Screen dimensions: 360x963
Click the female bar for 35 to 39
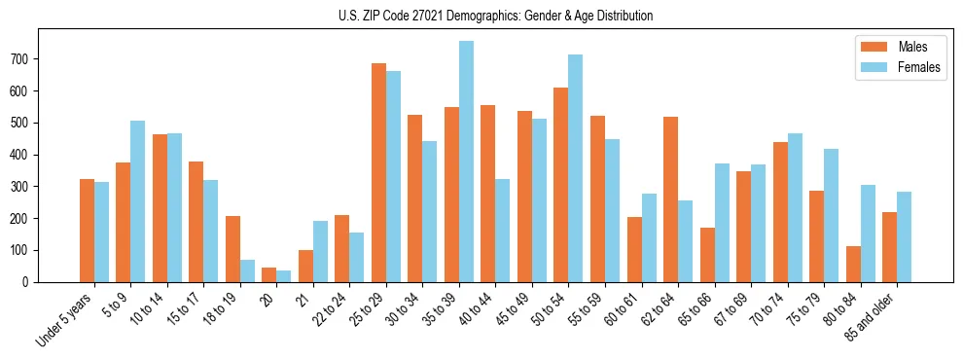click(466, 162)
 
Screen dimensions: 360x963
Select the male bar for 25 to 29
click(378, 173)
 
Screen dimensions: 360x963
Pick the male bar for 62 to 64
click(670, 199)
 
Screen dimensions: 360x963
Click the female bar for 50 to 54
click(576, 168)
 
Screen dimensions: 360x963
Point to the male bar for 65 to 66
click(707, 255)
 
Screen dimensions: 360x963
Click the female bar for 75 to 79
click(831, 215)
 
